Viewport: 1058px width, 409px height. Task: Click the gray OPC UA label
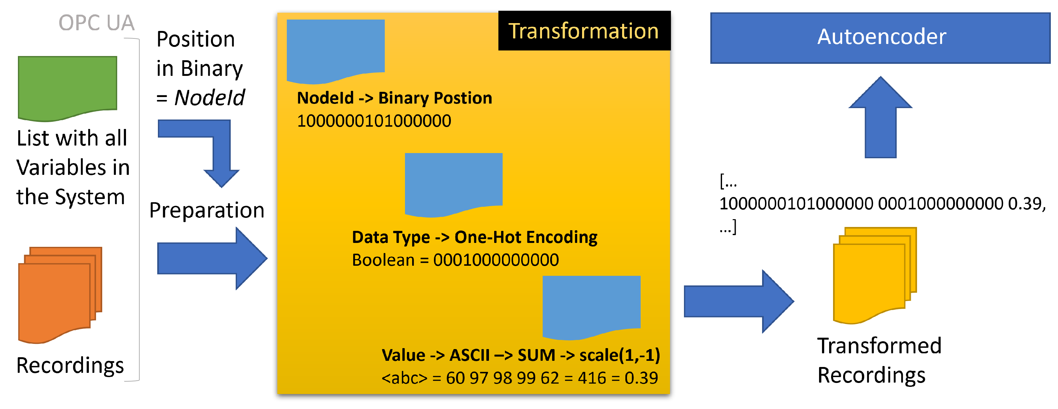tap(96, 22)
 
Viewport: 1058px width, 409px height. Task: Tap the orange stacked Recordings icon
tap(60, 294)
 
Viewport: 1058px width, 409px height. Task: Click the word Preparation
tap(207, 210)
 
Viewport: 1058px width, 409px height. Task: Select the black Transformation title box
tap(584, 31)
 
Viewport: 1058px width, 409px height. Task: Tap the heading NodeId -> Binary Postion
tap(394, 98)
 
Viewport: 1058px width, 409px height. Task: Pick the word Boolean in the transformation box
tap(383, 260)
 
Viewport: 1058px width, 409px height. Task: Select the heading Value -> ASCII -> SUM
tap(521, 355)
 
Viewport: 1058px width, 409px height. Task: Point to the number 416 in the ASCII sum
tap(592, 378)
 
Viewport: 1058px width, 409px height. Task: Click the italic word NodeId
tap(209, 98)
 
